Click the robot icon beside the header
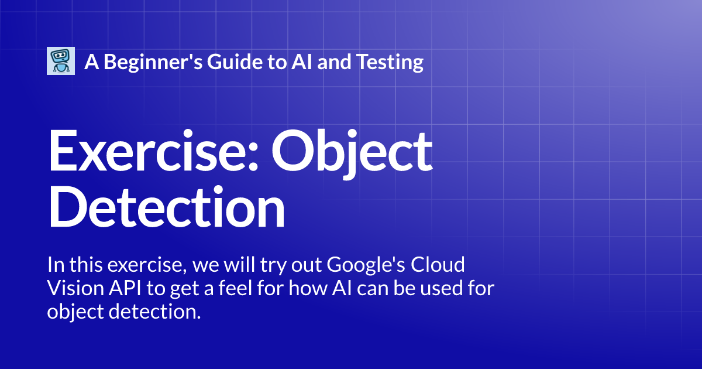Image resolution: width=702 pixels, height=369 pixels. pos(61,61)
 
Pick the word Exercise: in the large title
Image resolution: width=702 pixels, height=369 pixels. pos(154,151)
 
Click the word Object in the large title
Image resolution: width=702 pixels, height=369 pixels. pos(352,151)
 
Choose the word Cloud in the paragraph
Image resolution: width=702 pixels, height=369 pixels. pos(439,265)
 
